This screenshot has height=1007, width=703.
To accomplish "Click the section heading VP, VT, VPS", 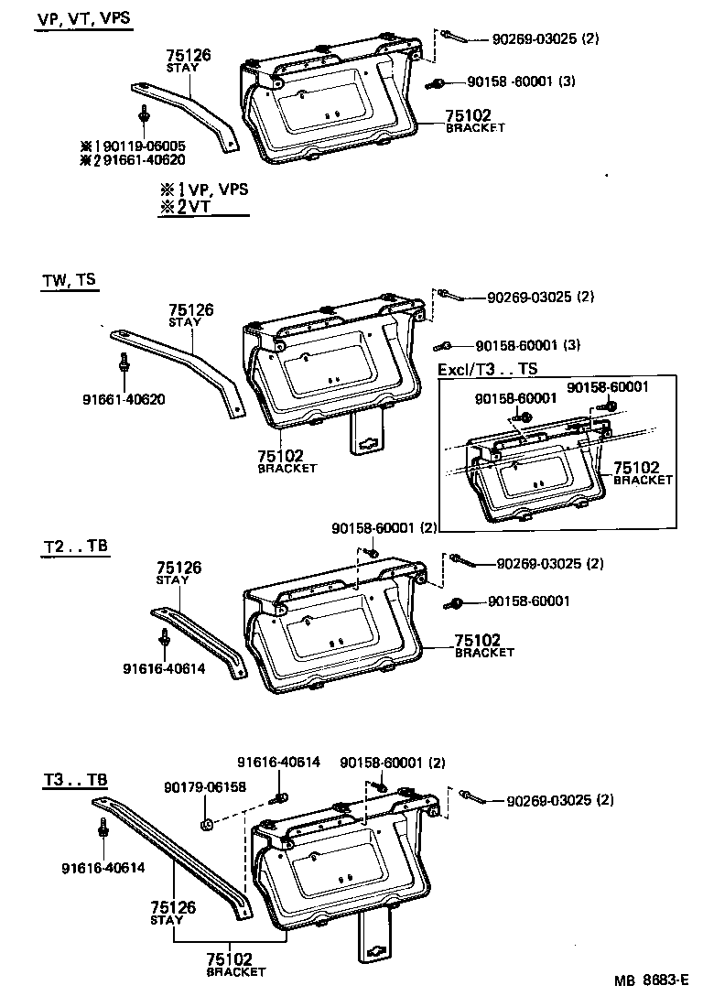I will click(83, 19).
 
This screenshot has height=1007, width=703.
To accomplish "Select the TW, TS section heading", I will click(69, 282).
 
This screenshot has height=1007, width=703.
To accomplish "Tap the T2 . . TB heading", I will click(75, 547).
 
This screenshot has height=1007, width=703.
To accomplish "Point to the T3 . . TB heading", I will click(75, 781).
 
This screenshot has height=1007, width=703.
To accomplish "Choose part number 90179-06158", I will click(205, 786).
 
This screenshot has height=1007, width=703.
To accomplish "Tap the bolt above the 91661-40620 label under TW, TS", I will click(123, 363).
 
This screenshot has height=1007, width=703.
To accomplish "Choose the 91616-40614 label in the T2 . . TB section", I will click(163, 667).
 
